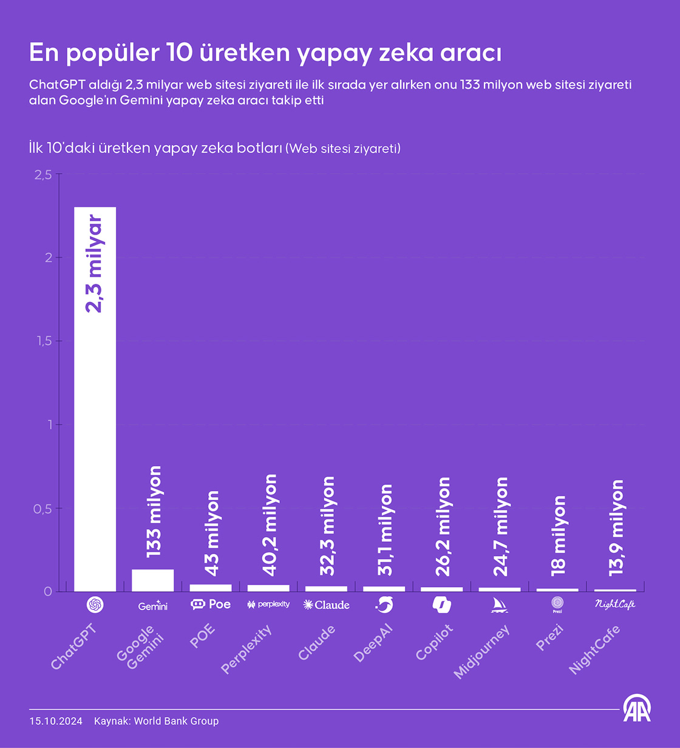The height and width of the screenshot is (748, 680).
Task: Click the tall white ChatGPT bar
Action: [95, 425]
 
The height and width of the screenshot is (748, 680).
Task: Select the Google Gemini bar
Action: [152, 580]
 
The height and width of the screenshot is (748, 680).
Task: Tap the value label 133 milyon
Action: [154, 512]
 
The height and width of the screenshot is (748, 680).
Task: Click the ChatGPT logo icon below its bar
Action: [95, 605]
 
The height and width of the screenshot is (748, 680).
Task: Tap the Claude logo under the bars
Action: [326, 605]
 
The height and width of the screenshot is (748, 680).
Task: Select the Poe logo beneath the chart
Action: [211, 604]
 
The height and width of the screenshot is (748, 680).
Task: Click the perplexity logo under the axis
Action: [268, 604]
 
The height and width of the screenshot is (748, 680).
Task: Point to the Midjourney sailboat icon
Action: [499, 605]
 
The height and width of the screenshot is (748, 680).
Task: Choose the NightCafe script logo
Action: [614, 605]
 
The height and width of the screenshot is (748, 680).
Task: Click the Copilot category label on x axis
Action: [435, 642]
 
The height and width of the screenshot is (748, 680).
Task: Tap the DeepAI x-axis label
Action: [373, 643]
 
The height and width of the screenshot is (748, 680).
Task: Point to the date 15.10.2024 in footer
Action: [55, 721]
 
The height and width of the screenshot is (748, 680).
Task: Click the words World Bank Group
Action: [176, 721]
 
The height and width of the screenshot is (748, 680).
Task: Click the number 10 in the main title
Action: [179, 53]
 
